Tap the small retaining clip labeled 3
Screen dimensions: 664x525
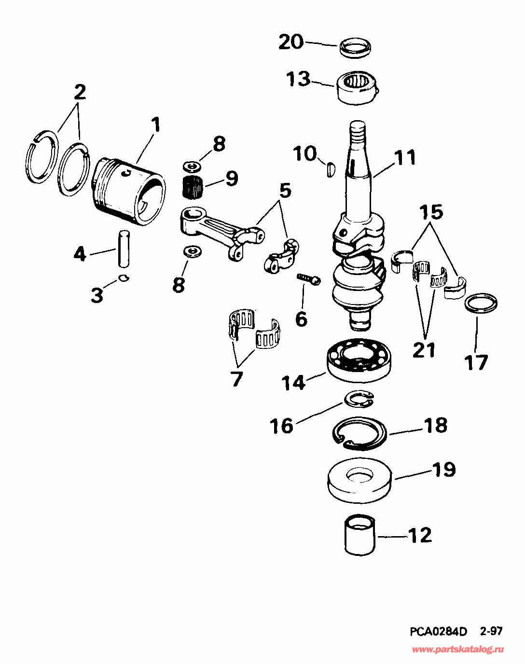[x=124, y=277]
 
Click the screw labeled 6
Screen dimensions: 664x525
[x=308, y=278]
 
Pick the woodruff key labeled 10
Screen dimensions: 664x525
[x=330, y=170]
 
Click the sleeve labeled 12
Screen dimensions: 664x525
[x=360, y=534]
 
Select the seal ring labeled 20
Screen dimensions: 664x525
[x=356, y=47]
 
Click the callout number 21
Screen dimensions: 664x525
[x=424, y=350]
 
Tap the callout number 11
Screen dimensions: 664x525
[x=404, y=158]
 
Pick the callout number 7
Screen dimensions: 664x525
[x=236, y=379]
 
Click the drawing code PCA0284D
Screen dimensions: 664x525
[x=439, y=631]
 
